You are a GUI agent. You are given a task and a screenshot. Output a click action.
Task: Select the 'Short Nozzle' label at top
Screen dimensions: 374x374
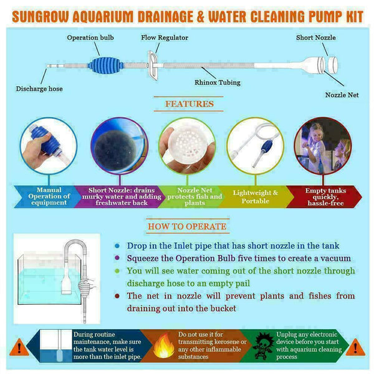315,38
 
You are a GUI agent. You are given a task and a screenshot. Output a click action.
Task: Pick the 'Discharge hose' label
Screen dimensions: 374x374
39,89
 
